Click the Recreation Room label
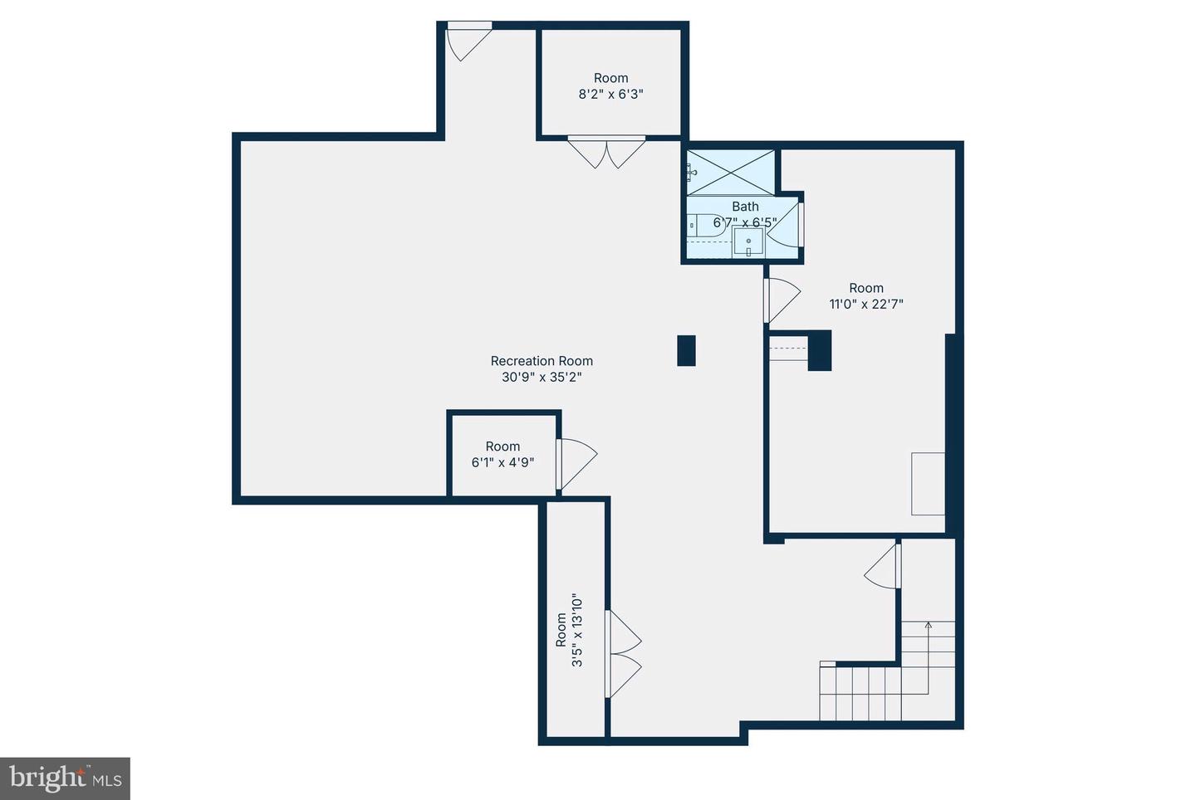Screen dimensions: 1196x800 pos(542,361)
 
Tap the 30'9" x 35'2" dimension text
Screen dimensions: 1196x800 pos(542,377)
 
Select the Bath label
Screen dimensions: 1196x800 pos(745,207)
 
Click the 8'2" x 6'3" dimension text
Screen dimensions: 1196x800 pos(610,95)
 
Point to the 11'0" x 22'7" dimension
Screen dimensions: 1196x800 pos(866,304)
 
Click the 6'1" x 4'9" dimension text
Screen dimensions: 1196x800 pos(502,462)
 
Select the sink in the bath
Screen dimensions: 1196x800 pos(748,241)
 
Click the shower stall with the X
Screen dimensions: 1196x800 pos(730,173)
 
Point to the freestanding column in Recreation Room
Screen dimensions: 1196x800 pos(686,350)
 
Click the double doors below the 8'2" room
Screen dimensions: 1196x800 pos(606,153)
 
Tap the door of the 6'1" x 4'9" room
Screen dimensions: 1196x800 pos(576,464)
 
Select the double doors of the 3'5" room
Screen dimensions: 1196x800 pos(623,654)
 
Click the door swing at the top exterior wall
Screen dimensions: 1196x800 pos(468,41)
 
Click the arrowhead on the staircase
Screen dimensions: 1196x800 pos(928,625)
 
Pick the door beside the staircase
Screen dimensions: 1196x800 pos(883,564)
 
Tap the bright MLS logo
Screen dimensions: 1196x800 pos(65,778)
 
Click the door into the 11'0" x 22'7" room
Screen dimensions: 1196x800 pos(782,300)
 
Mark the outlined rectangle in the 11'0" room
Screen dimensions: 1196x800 pos(928,484)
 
